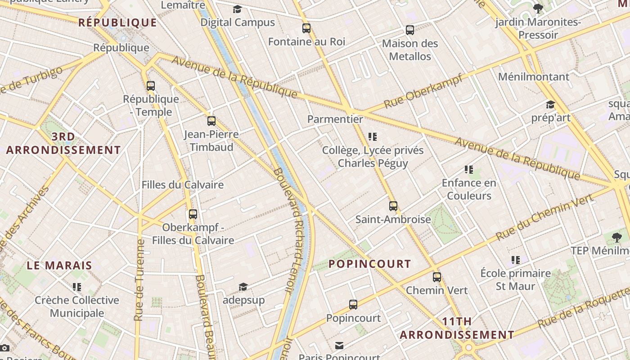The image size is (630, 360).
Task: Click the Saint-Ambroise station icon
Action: point(393,206)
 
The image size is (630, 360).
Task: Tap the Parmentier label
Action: point(335,119)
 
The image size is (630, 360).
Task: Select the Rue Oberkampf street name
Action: point(423,92)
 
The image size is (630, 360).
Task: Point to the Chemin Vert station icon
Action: point(436,277)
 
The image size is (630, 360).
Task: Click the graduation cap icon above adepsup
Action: point(243,287)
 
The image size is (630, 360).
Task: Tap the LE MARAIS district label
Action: point(59,265)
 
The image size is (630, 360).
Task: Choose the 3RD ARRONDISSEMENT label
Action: point(63,143)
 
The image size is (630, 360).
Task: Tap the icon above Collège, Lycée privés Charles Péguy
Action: point(372,136)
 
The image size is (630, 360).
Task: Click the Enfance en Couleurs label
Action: point(469,189)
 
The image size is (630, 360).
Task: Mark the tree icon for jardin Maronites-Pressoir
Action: point(538,8)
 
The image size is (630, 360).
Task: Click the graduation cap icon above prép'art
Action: point(550,105)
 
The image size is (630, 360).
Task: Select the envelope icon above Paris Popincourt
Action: point(339,346)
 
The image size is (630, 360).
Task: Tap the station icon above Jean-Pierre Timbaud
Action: point(211,121)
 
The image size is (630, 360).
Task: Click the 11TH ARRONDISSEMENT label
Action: point(457,328)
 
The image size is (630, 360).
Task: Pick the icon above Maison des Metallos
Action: point(409,30)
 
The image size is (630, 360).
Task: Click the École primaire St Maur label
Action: point(515,279)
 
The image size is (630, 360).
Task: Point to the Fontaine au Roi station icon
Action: point(306,28)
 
